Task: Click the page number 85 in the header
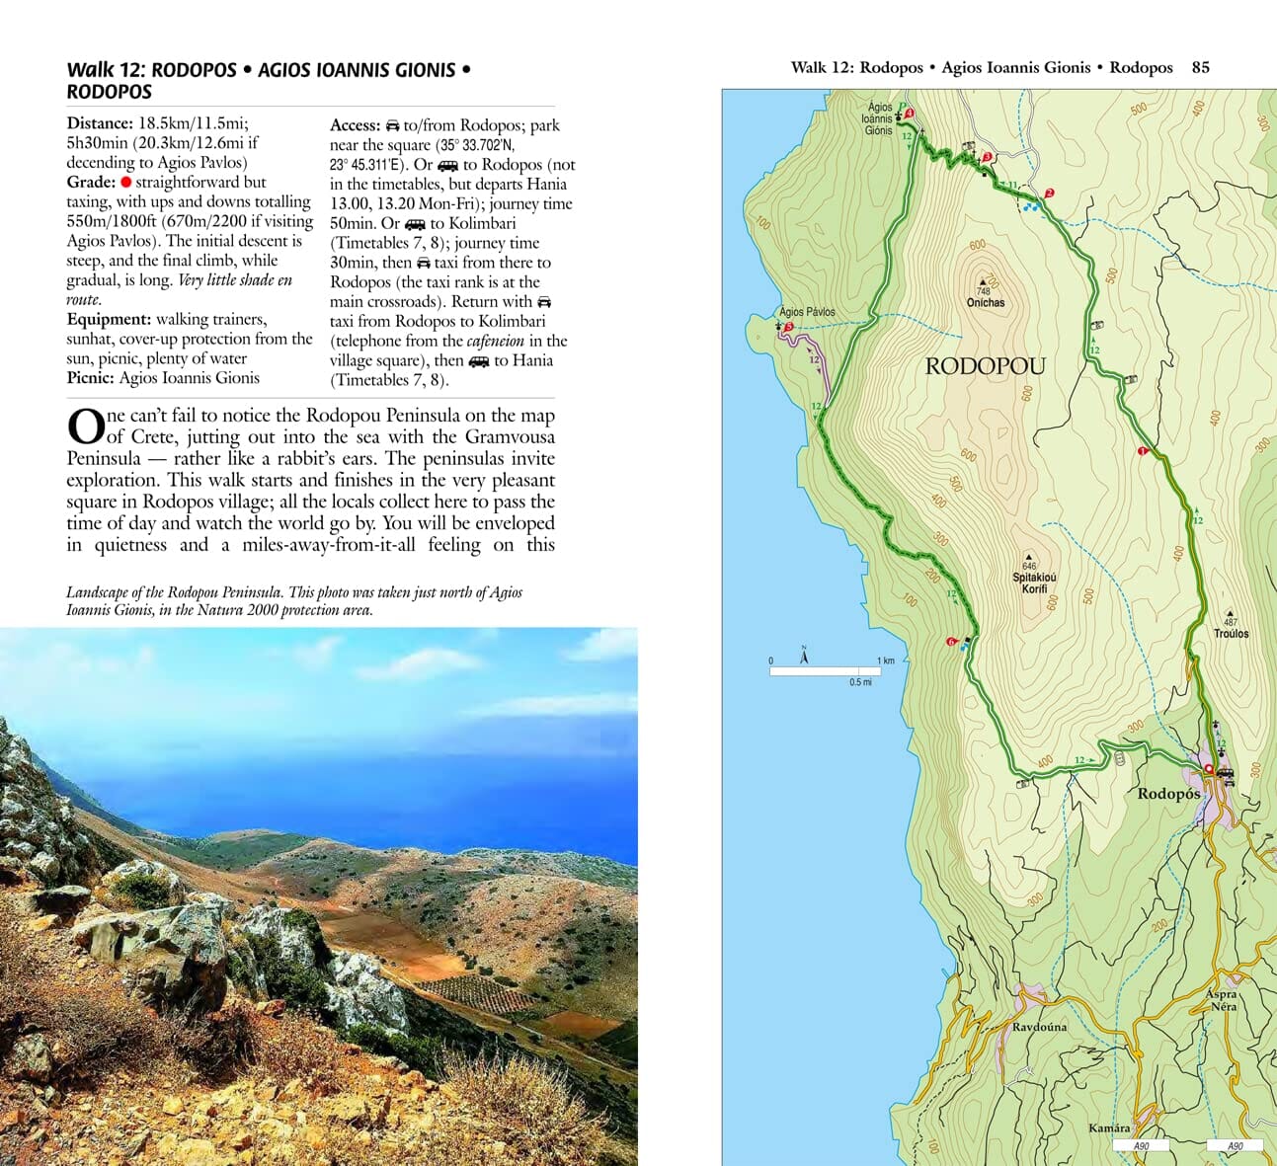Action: point(1200,67)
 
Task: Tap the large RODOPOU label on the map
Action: point(985,366)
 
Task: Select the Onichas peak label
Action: point(985,302)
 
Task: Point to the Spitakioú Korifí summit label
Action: point(1034,583)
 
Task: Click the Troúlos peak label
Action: point(1231,633)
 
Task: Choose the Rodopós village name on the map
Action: point(1168,794)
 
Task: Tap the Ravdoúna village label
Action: point(1039,1027)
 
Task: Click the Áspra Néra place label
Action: point(1222,1000)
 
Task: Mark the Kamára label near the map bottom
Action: point(1109,1127)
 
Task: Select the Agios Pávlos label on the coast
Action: point(807,312)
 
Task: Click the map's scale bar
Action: point(832,671)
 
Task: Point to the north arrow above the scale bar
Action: point(804,654)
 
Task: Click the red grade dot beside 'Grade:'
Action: point(126,183)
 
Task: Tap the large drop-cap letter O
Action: point(86,428)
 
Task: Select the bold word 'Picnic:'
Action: point(91,377)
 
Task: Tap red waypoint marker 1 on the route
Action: point(1142,451)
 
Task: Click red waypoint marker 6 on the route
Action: point(951,642)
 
